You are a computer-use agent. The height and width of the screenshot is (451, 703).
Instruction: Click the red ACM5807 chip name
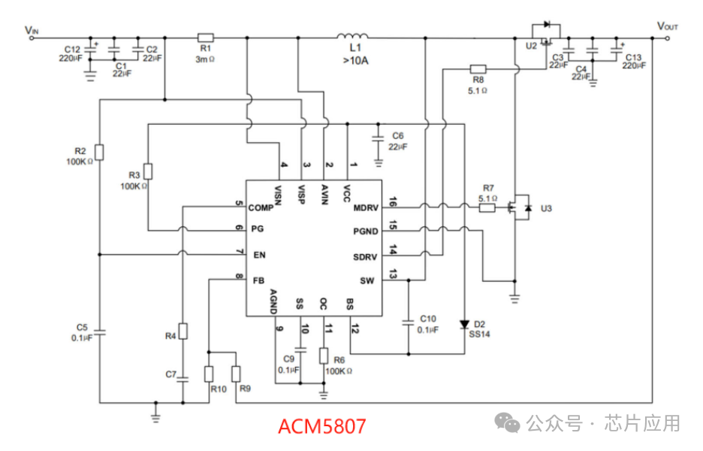(321, 427)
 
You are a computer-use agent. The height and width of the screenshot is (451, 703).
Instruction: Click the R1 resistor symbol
(205, 37)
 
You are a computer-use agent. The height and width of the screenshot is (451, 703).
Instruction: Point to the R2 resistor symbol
(100, 153)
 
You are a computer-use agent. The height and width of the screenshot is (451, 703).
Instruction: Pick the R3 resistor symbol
(148, 171)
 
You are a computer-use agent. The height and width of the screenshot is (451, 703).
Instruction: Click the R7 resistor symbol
(487, 207)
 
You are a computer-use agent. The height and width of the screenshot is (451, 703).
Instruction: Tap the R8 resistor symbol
(478, 68)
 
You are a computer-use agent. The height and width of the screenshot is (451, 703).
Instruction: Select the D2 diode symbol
(464, 324)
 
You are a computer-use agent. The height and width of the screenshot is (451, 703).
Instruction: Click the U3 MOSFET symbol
(518, 207)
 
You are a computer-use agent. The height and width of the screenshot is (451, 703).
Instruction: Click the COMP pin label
(261, 207)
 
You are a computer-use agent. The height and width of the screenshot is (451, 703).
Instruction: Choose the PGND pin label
(365, 232)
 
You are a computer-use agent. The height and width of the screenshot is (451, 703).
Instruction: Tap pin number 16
(391, 201)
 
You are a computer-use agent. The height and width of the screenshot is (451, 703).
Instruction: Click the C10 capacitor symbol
(409, 322)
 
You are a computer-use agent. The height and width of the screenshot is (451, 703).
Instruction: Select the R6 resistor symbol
(324, 356)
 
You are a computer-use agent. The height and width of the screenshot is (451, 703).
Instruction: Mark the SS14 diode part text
(480, 334)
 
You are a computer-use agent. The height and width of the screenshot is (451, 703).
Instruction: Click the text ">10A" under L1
(356, 60)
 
